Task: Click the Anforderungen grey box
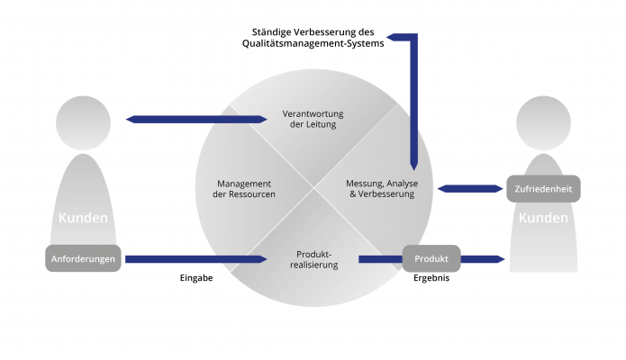click(84, 259)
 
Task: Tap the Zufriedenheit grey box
click(544, 188)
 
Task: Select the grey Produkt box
click(431, 259)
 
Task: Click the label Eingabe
click(195, 278)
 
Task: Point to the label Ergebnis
click(431, 278)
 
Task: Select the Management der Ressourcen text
click(233, 188)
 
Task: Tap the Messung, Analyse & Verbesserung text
click(383, 188)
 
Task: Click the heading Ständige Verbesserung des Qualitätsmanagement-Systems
click(318, 35)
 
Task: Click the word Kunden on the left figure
click(83, 219)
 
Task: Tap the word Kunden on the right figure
click(544, 219)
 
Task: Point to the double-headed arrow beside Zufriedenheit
click(469, 188)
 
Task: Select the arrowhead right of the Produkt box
click(496, 259)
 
